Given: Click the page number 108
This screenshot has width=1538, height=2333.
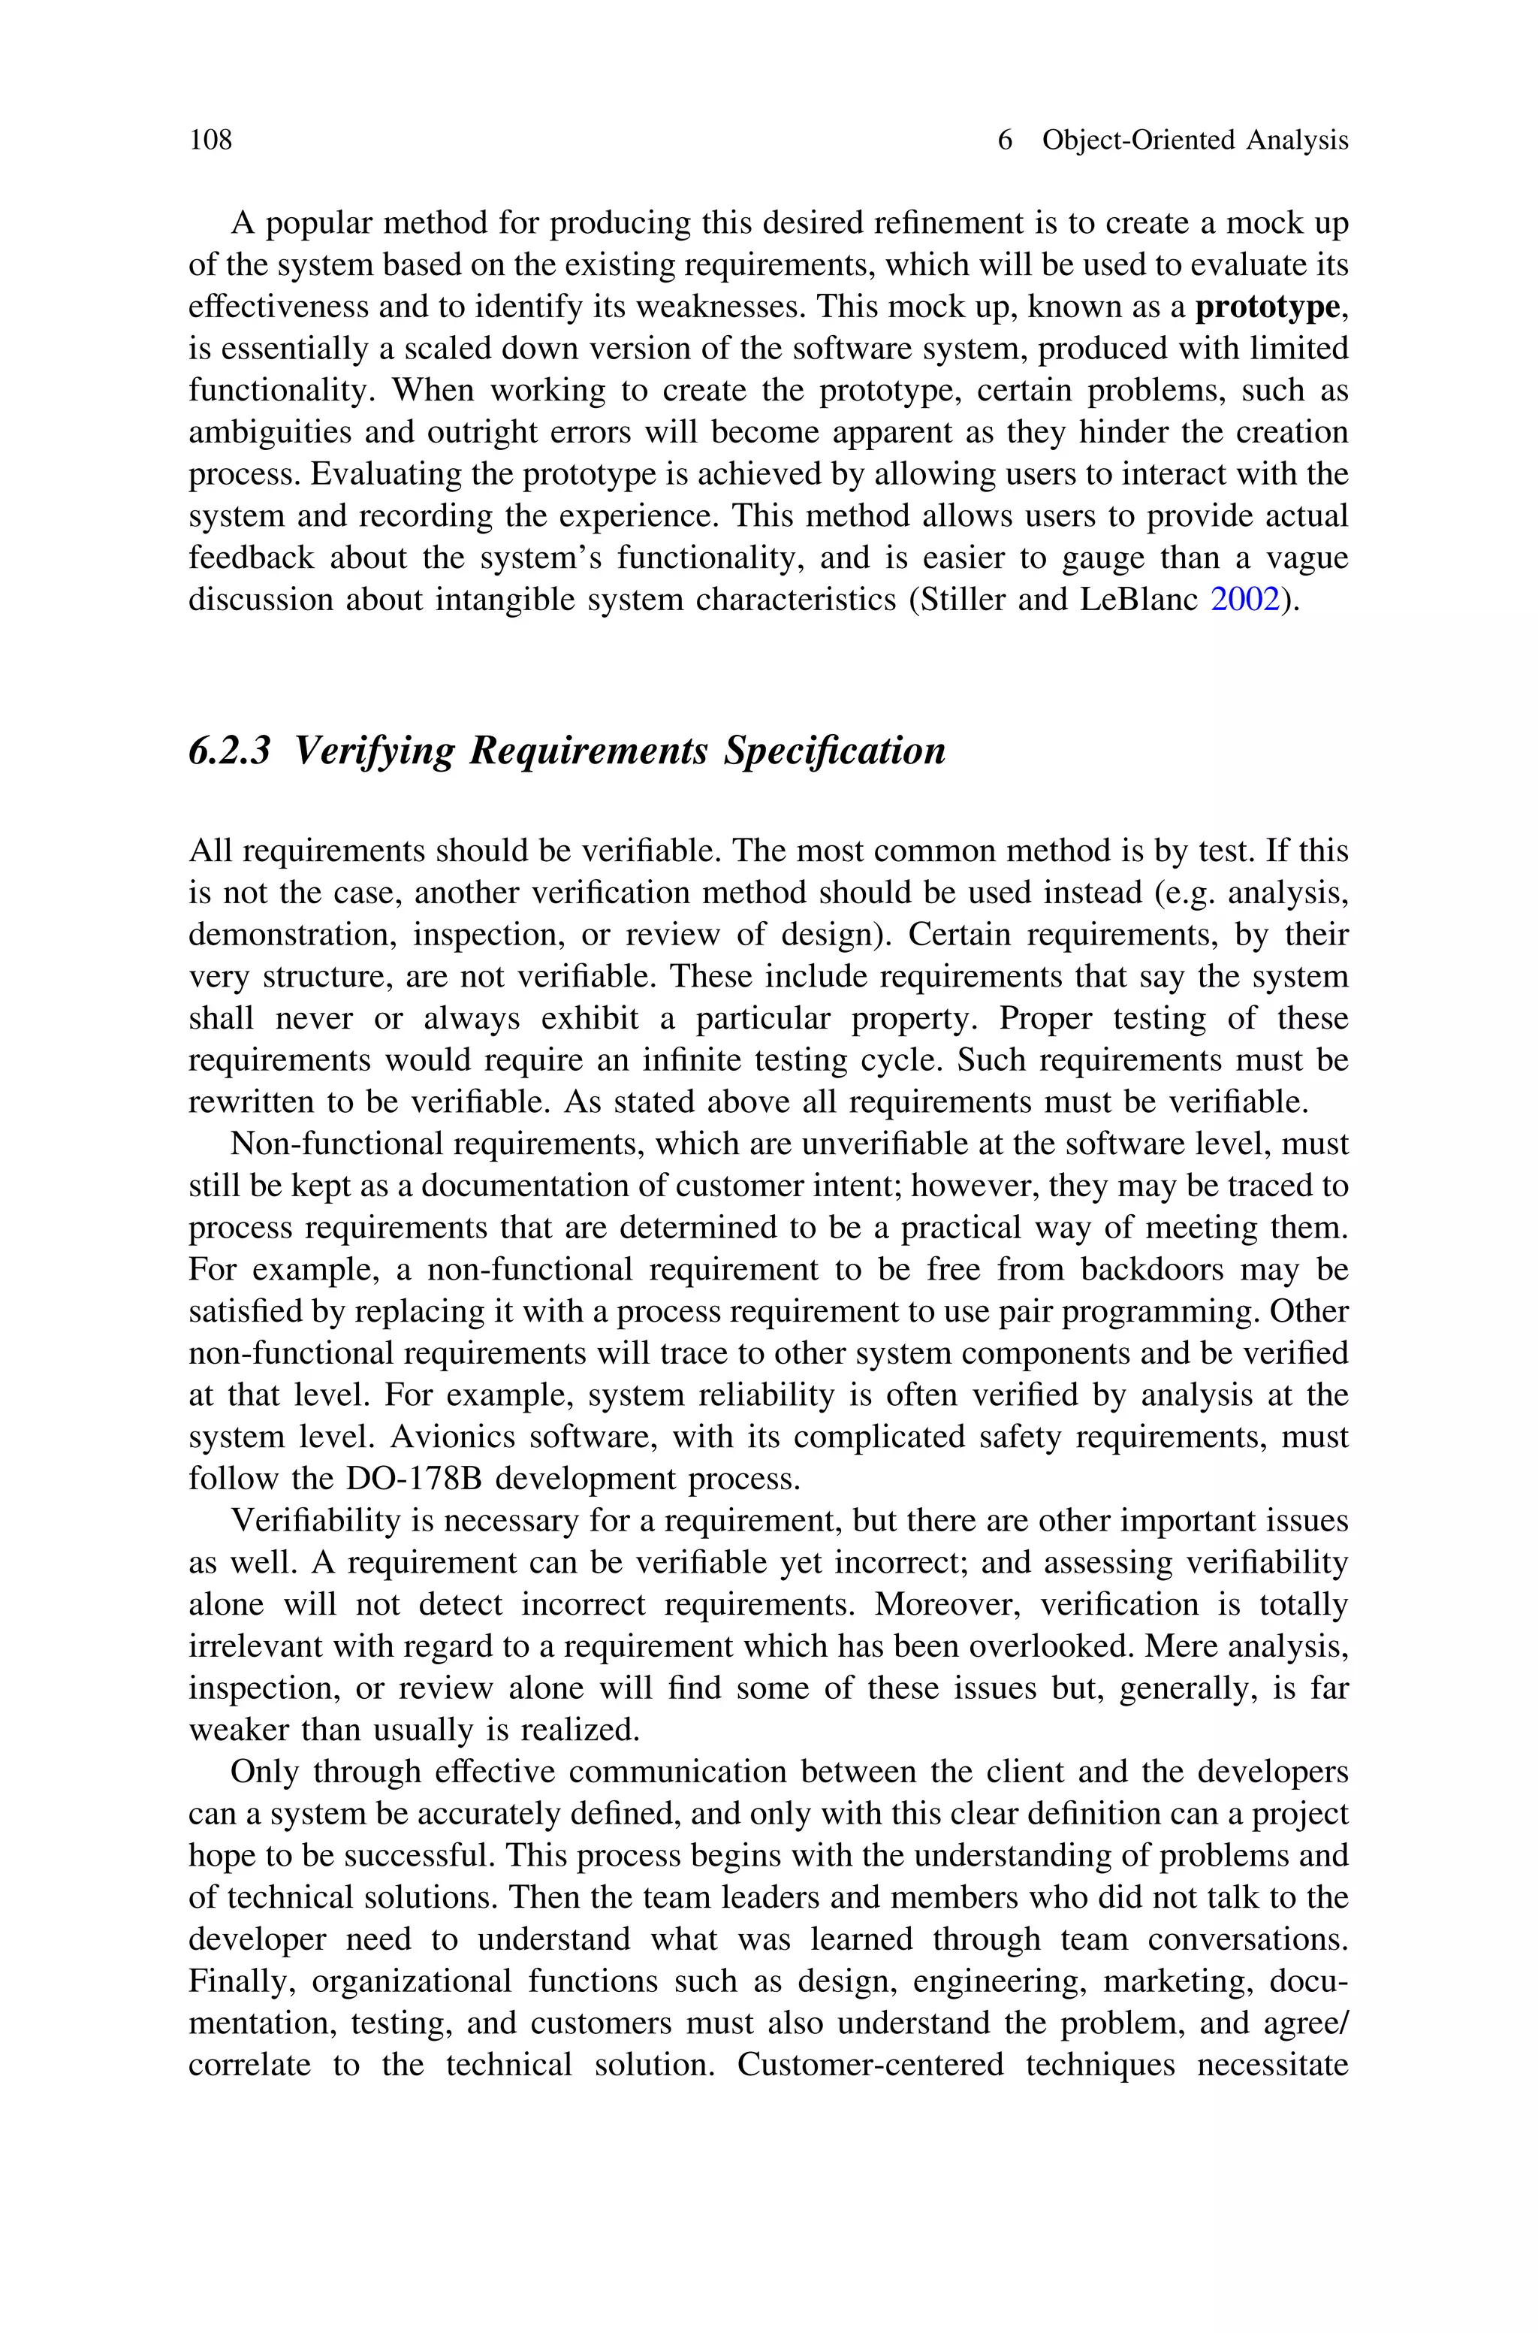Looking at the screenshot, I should [x=211, y=141].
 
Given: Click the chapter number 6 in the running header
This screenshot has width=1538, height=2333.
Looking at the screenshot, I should [x=1004, y=141].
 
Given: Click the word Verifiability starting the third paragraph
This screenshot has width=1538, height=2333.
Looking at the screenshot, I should [x=308, y=1521].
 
